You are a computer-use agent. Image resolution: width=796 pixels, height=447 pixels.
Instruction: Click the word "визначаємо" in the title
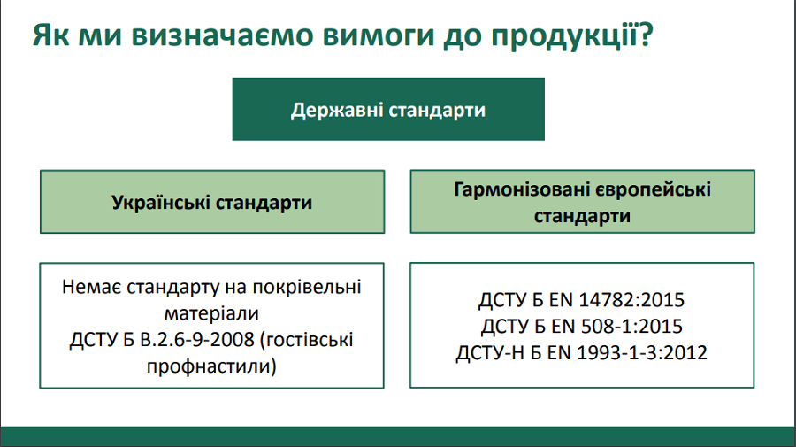[x=222, y=35]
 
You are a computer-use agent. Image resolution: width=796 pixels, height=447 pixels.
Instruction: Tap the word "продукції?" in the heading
[x=572, y=36]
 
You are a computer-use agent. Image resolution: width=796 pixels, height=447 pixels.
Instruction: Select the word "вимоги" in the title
[x=379, y=35]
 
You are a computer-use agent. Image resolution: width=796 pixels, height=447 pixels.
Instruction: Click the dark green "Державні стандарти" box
[x=388, y=109]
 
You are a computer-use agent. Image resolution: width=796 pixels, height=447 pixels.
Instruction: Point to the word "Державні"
[x=337, y=111]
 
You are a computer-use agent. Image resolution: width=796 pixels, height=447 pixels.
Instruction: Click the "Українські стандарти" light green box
[x=212, y=202]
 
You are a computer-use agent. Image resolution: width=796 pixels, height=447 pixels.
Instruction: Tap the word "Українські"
[x=160, y=202]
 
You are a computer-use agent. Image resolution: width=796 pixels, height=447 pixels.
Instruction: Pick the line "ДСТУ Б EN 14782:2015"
[x=582, y=300]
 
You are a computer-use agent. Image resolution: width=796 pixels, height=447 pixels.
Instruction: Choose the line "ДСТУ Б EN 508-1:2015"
[x=582, y=326]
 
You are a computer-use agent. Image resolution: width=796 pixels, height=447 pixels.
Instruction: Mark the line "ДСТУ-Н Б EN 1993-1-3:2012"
[x=582, y=352]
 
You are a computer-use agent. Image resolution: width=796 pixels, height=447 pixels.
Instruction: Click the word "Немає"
[x=91, y=287]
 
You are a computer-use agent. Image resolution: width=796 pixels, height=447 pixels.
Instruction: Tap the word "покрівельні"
[x=307, y=288]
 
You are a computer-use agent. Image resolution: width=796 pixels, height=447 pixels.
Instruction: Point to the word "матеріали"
[x=211, y=313]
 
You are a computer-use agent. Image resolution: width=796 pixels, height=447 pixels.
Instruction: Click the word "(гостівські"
[x=307, y=340]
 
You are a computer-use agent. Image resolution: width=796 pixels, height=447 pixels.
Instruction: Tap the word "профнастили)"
[x=211, y=366]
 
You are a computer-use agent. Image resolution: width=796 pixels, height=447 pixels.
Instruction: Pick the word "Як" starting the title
[x=50, y=35]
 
